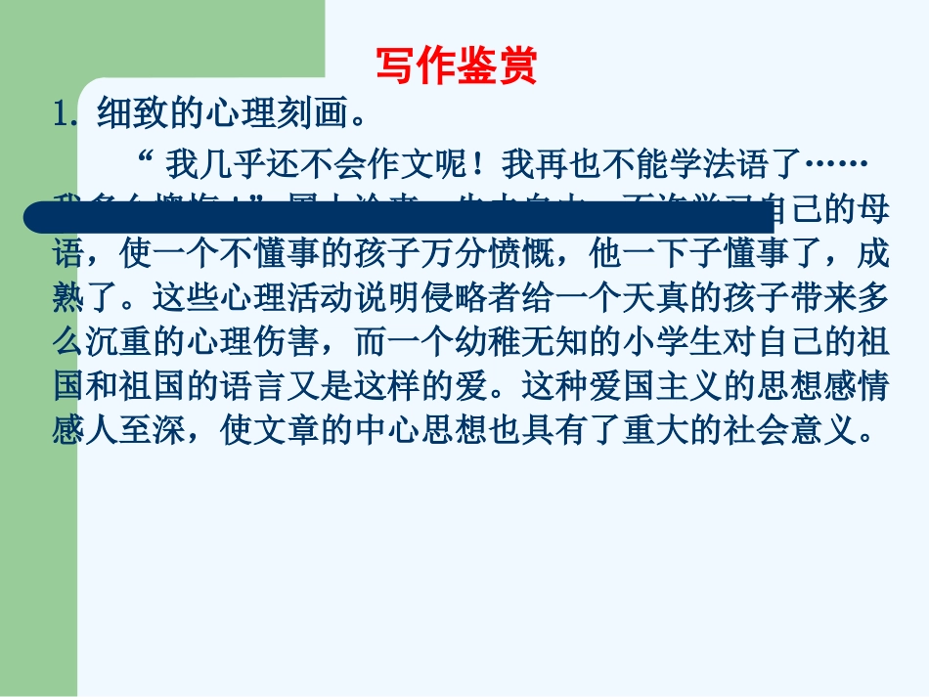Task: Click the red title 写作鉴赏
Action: point(457,67)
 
